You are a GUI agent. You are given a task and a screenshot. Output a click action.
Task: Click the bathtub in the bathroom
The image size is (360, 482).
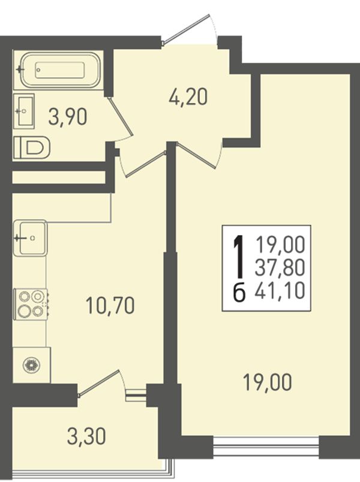click(x=61, y=70)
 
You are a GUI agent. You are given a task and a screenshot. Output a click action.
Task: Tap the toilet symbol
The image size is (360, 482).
click(x=32, y=147)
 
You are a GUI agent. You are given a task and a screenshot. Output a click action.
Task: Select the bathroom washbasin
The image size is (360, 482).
click(x=24, y=111)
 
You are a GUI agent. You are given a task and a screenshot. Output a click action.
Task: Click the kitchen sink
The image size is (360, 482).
click(x=30, y=237)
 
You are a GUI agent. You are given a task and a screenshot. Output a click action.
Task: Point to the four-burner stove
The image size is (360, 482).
click(x=31, y=304)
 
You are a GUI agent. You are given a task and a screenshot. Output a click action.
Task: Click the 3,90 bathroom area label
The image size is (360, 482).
click(x=68, y=118)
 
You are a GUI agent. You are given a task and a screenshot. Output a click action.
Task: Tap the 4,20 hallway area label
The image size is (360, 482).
click(x=188, y=97)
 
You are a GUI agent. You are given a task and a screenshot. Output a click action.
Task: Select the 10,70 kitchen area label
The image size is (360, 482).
click(x=110, y=306)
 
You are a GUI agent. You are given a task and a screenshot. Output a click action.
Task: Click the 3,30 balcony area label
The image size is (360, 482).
click(x=86, y=437)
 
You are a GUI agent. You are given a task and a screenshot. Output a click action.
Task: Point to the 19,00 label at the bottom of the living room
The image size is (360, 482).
click(x=267, y=382)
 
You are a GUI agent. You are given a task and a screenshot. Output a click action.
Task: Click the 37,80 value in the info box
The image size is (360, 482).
click(x=280, y=267)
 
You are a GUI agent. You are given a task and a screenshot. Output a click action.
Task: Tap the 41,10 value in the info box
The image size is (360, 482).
click(x=280, y=291)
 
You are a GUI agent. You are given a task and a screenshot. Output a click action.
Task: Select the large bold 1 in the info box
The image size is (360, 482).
click(x=239, y=256)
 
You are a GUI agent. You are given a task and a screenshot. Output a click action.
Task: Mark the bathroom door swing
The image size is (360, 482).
click(x=121, y=118)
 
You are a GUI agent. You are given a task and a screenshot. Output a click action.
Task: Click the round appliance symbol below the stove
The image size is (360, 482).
click(x=32, y=365)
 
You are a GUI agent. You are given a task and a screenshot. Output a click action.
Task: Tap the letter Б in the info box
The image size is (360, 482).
click(x=239, y=292)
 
